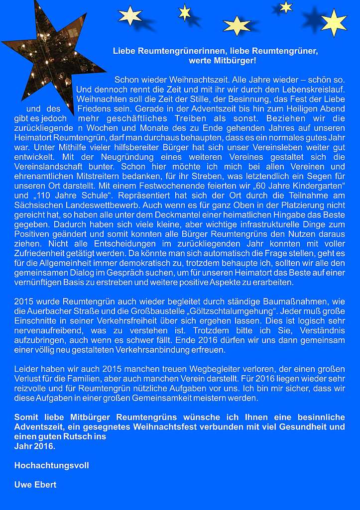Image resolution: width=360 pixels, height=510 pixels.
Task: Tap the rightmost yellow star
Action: tap(334, 22)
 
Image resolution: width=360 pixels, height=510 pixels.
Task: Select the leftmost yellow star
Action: tap(130, 15)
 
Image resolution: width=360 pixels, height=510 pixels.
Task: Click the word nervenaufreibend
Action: tap(46, 332)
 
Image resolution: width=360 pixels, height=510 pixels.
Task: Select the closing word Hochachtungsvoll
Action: tap(52, 466)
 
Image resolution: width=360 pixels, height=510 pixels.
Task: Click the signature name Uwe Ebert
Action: tap(35, 485)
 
